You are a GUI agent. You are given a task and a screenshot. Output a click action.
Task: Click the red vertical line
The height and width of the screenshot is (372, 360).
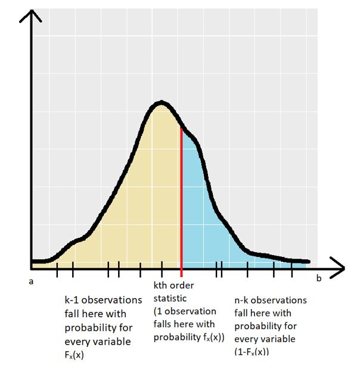point(181,197)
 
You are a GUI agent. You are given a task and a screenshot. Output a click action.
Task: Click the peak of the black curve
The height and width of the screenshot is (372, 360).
point(161,103)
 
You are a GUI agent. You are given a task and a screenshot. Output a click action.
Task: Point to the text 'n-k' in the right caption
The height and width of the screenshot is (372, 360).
point(243,300)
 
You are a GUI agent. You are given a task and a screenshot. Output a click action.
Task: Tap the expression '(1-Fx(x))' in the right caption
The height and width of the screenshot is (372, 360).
point(252,352)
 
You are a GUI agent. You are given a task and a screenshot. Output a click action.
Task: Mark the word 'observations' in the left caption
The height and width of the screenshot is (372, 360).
point(113,300)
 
